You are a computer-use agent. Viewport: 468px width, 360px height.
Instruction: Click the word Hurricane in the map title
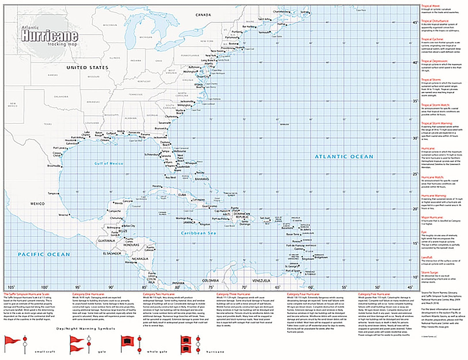[50, 36]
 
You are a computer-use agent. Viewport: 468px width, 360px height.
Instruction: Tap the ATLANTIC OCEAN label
[344, 157]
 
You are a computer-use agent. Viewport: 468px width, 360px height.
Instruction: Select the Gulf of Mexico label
[109, 163]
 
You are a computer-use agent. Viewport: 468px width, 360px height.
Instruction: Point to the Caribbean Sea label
[198, 233]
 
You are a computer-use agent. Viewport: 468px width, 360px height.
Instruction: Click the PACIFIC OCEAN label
[44, 254]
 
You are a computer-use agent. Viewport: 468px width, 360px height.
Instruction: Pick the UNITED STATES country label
[87, 67]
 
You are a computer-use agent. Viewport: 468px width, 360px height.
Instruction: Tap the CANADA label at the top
[203, 15]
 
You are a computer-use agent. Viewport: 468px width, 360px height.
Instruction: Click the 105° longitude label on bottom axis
[11, 287]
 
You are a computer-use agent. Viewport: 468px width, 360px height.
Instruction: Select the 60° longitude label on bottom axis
[311, 287]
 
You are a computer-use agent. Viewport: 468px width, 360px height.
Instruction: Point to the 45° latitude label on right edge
[415, 22]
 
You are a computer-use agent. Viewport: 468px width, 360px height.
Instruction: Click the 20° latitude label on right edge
[415, 209]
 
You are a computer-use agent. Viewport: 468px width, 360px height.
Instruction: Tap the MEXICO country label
[38, 204]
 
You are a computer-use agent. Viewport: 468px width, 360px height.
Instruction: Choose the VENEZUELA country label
[261, 281]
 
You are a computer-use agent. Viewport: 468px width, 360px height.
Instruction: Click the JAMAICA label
[190, 222]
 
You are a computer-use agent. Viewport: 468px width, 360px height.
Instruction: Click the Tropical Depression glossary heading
[435, 61]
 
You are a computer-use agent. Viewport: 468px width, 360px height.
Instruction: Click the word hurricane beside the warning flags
[215, 352]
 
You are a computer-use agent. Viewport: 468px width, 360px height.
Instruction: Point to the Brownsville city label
[54, 166]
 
